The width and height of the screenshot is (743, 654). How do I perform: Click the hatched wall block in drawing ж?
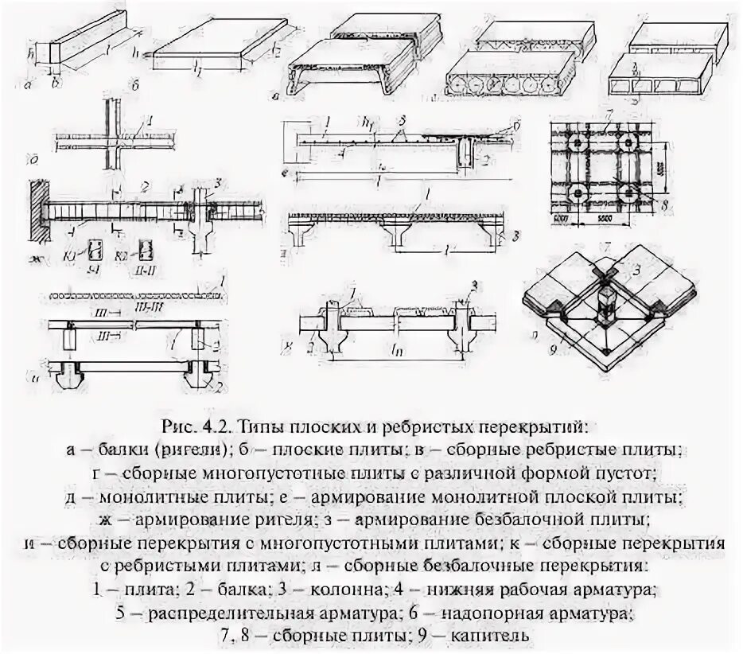click(38, 211)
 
